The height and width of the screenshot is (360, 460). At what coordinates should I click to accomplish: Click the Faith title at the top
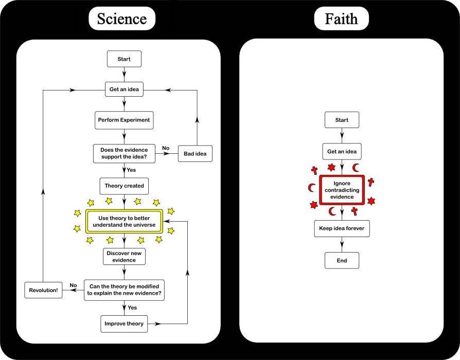[x=341, y=19]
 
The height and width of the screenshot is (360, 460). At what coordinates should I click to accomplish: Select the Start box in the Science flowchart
[x=124, y=59]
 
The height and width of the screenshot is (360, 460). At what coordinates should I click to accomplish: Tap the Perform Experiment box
[x=124, y=120]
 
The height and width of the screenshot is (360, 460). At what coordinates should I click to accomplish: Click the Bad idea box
[x=194, y=153]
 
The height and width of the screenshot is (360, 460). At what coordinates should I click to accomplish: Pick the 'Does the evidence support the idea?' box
[x=124, y=153]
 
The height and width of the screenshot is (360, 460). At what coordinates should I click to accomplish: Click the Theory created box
[x=124, y=186]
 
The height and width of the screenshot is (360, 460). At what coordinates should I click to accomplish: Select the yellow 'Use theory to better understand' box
[x=124, y=221]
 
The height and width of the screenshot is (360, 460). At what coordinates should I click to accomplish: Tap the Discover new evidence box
[x=124, y=256]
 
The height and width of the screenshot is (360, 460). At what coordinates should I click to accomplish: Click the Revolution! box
[x=43, y=290]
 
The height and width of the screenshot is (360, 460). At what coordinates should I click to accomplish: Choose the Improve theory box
[x=124, y=323]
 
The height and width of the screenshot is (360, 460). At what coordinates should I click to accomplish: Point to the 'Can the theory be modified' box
[x=124, y=290]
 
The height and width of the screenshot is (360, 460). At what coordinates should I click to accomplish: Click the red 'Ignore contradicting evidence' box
[x=342, y=190]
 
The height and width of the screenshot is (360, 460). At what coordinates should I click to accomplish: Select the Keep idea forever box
[x=342, y=228]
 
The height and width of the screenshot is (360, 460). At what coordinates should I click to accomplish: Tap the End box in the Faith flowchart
[x=342, y=260]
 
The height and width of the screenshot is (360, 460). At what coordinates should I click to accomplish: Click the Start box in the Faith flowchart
[x=342, y=120]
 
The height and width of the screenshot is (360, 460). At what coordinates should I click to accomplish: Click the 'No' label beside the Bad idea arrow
[x=166, y=148]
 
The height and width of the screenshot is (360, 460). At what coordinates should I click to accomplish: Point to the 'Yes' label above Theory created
[x=132, y=170]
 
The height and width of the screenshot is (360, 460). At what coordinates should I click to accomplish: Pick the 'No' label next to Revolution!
[x=73, y=285]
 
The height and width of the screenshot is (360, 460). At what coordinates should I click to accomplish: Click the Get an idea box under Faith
[x=342, y=152]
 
